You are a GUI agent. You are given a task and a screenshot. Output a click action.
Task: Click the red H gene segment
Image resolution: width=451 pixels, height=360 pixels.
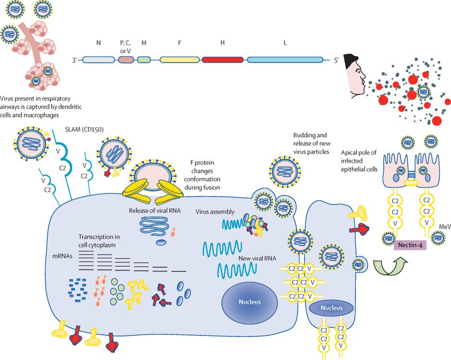click(x=223, y=60)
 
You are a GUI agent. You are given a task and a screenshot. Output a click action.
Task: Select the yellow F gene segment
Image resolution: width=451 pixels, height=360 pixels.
click(x=179, y=60)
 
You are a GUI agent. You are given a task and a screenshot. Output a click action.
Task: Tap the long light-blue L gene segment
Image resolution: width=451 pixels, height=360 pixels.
click(x=285, y=60)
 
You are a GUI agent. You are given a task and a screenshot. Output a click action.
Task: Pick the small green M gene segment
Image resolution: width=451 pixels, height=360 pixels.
click(x=144, y=60)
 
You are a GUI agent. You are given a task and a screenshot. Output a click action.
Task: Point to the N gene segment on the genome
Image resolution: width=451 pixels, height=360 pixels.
click(x=99, y=60)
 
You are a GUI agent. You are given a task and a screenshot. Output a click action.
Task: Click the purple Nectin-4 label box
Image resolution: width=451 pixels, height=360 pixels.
click(x=410, y=245)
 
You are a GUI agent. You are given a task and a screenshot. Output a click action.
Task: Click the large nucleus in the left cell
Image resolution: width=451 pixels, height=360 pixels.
click(x=250, y=302)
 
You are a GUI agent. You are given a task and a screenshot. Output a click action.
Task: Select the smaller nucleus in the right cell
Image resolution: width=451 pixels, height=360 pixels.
click(x=331, y=308)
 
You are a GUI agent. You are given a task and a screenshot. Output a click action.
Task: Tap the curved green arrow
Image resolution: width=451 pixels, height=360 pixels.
click(x=390, y=267)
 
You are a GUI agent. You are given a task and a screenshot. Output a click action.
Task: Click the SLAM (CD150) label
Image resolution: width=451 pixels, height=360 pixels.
click(x=84, y=129)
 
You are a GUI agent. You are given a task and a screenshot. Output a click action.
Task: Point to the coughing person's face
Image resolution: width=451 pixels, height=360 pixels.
click(x=355, y=77)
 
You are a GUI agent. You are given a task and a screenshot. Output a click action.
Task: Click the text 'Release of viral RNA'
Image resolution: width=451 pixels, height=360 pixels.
click(x=155, y=210)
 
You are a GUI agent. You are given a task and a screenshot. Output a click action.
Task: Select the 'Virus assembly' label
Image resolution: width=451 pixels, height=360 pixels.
click(x=215, y=212)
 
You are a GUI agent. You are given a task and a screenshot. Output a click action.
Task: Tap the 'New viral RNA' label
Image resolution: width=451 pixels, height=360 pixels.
click(x=257, y=258)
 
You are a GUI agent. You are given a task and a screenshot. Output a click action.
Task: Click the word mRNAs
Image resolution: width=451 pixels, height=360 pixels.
click(x=63, y=256)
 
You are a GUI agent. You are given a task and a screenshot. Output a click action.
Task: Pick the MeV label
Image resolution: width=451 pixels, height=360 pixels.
click(x=445, y=227)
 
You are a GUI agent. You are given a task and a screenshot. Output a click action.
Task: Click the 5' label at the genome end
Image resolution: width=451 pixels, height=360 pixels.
click(x=336, y=60)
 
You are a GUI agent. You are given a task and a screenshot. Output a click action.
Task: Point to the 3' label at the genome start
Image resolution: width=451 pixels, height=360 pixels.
click(x=75, y=60)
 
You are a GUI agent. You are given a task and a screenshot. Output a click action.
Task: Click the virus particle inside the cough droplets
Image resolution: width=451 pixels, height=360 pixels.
click(x=423, y=92)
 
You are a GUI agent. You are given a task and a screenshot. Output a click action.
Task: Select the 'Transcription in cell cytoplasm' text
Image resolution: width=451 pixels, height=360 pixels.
click(x=99, y=241)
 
